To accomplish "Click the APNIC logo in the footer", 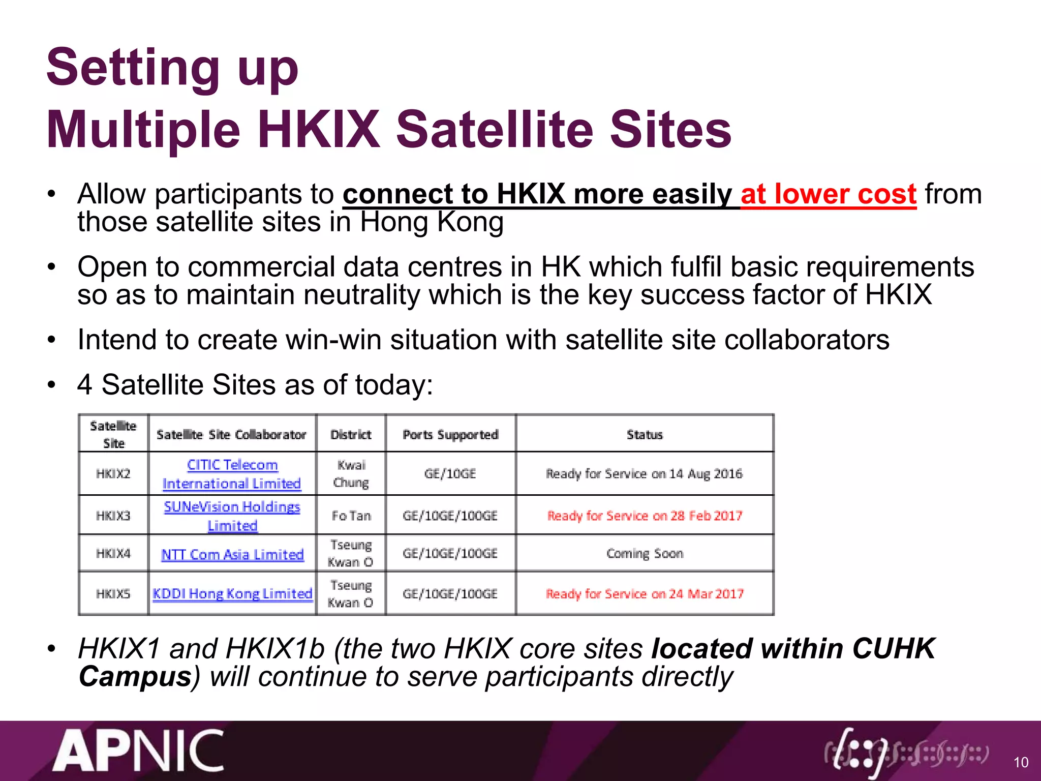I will point(138,751).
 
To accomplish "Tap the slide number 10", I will point(1021,762).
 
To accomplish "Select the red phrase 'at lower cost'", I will point(828,195).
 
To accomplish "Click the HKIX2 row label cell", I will point(113,473).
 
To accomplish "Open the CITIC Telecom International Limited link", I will point(232,474).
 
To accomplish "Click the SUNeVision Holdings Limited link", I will point(232,516).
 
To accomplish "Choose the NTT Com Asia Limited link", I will point(232,554).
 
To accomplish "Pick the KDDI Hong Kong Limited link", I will point(232,593).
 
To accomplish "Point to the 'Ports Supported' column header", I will point(450,434).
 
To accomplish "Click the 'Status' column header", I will point(645,434).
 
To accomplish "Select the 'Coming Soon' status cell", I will point(645,553).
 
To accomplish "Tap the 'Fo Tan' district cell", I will point(351,516).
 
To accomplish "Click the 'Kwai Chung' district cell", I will point(351,473).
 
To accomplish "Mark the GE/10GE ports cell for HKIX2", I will point(450,473).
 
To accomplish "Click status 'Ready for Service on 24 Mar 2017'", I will point(645,593).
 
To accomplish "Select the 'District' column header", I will point(351,434).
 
